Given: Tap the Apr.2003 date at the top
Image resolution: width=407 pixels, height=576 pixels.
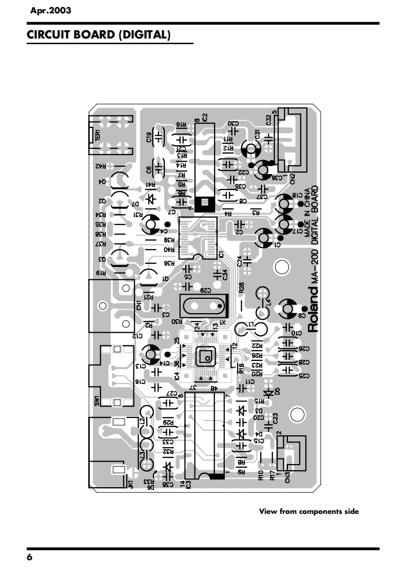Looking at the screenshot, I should point(50,10).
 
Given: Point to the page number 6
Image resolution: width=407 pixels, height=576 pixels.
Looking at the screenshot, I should point(29,558).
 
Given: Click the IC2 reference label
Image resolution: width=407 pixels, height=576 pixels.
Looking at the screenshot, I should point(204,117).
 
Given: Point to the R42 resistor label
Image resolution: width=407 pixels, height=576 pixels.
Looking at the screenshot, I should point(101,167).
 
